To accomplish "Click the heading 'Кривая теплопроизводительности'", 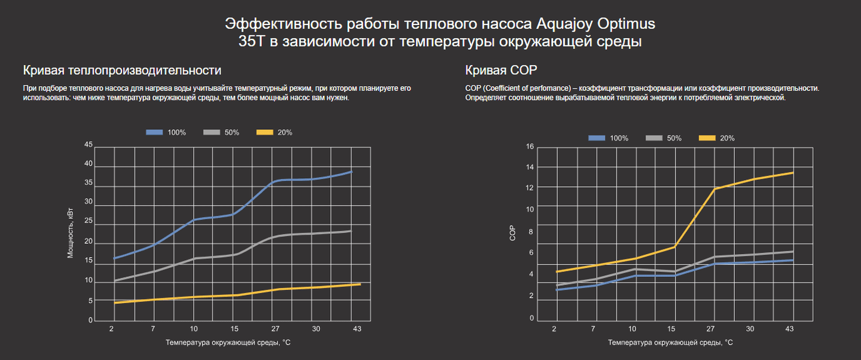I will coord(118,70).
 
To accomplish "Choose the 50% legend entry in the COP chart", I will coord(663,138).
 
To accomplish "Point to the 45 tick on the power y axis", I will coord(89,145).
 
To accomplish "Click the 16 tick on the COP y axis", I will coord(529,147).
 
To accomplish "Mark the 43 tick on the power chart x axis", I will coord(357,329).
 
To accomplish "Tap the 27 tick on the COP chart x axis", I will coord(711,329).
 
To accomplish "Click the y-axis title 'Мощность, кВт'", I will coord(70,233).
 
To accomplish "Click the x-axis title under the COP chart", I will coord(670,343).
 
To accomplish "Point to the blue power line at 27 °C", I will coord(274,181).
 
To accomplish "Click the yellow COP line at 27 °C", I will coord(714,189).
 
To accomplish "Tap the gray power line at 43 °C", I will coord(352,231).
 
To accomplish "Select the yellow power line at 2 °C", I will coord(114,303).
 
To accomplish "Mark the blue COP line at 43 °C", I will coord(793,260).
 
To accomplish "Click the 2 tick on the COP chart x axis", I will coord(554,329).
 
